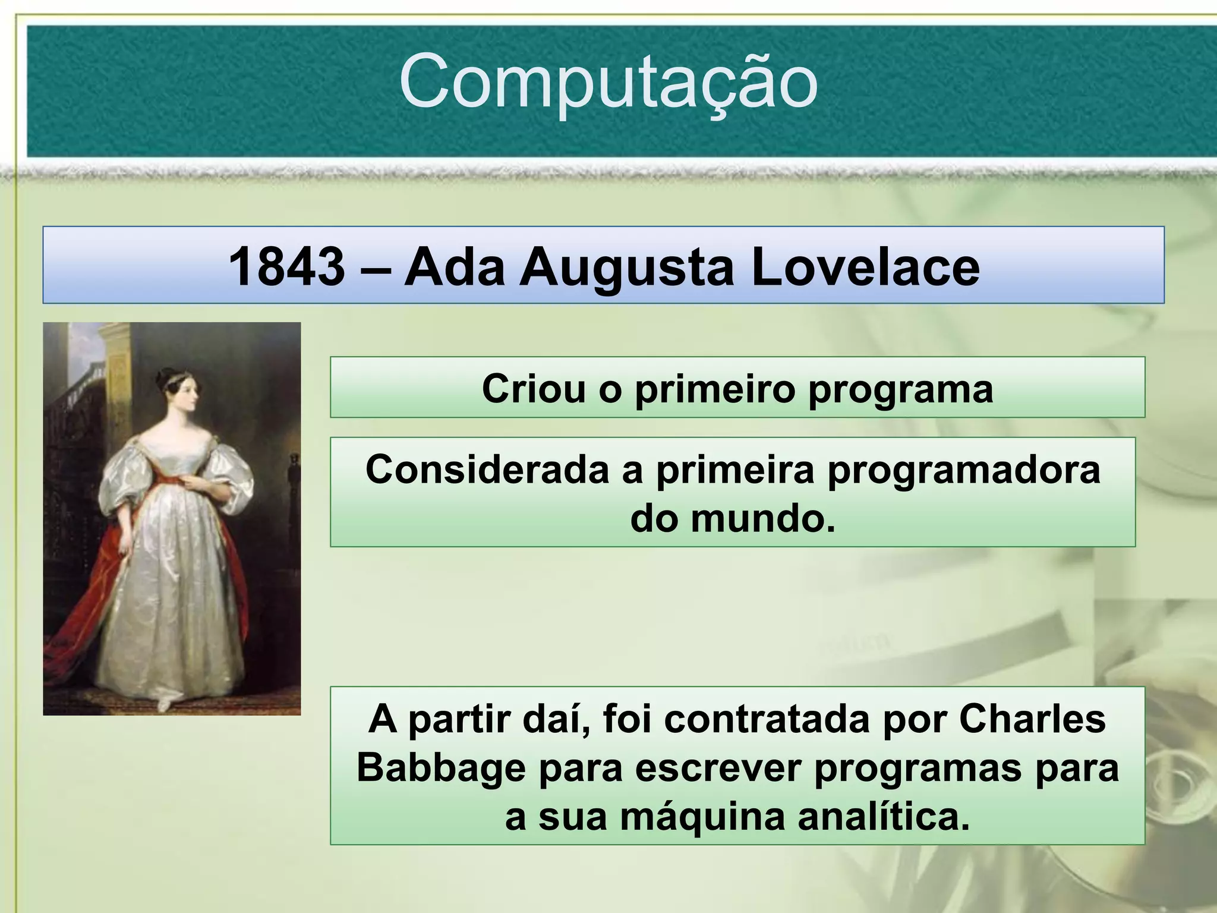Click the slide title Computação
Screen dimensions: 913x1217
click(x=608, y=82)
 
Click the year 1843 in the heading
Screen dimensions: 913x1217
click(x=286, y=267)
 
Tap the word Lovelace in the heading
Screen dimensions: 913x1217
click(x=865, y=267)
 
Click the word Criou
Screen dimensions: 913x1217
click(x=533, y=389)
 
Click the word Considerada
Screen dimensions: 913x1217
click(x=487, y=470)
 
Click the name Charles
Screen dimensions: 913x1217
click(x=1032, y=719)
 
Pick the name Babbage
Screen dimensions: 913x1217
click(x=441, y=768)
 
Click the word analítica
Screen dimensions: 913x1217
click(x=884, y=817)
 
